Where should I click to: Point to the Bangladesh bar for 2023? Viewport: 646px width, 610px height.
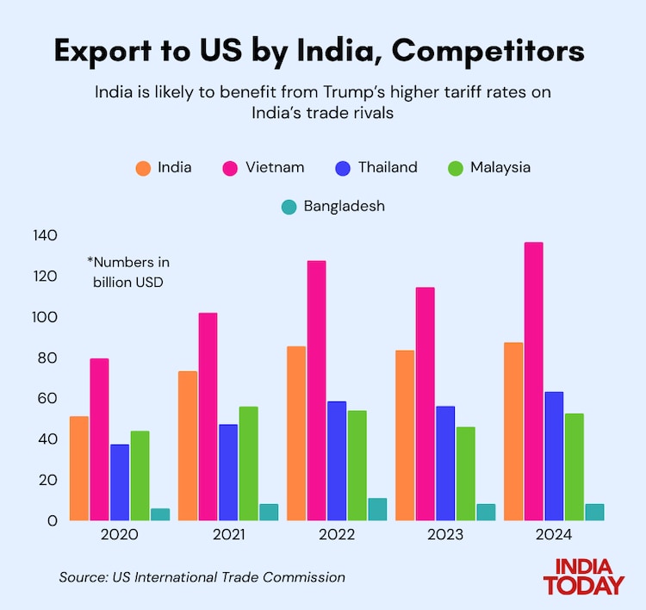[x=486, y=512]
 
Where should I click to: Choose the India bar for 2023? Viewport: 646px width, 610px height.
[x=405, y=435]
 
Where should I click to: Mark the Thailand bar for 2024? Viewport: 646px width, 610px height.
[x=554, y=456]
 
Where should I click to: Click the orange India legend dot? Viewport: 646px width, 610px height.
[x=143, y=168]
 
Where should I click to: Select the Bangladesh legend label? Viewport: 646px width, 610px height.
[x=344, y=207]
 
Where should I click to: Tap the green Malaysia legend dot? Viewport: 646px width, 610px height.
[x=456, y=168]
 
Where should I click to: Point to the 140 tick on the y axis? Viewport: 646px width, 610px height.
[x=45, y=235]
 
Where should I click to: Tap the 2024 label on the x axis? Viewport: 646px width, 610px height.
[x=554, y=534]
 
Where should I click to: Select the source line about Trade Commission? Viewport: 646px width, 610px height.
[x=202, y=577]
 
